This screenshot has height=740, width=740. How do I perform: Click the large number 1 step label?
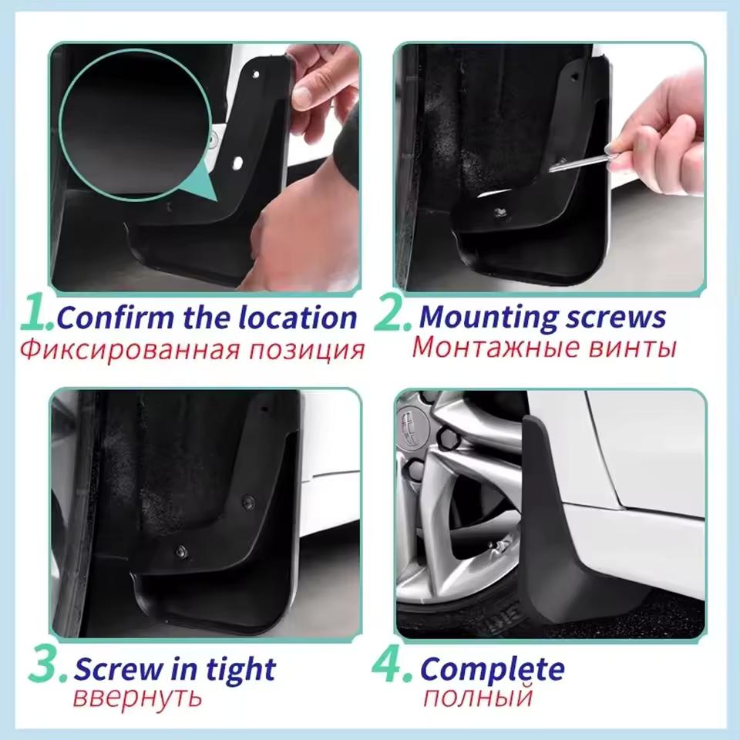click(35, 314)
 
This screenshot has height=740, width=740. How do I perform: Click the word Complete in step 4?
click(493, 668)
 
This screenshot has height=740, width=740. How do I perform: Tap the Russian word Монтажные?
click(486, 348)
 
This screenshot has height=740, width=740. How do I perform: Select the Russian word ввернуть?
click(138, 698)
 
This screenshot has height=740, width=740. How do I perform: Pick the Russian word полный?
click(478, 698)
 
